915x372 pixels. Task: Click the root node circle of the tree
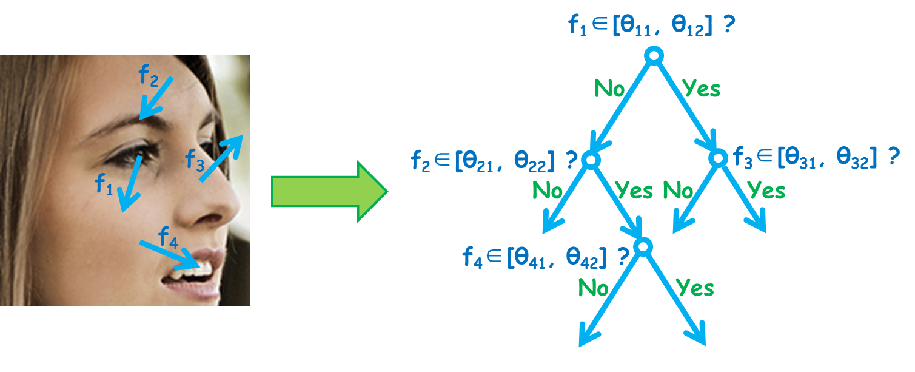point(654,48)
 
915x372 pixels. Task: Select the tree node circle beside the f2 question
point(591,152)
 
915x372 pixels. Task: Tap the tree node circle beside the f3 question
point(718,150)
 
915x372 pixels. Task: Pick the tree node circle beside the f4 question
point(643,238)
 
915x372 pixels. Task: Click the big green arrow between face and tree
point(329,191)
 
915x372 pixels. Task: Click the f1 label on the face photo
point(104,184)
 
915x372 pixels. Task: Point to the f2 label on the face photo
point(149,76)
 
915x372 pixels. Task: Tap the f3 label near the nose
point(195,160)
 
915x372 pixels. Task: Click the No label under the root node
point(609,89)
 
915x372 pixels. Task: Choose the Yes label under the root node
point(701,88)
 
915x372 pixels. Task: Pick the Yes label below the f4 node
point(695,288)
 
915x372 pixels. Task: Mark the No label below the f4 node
point(594,288)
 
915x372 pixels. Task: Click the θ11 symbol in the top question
point(635,26)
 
